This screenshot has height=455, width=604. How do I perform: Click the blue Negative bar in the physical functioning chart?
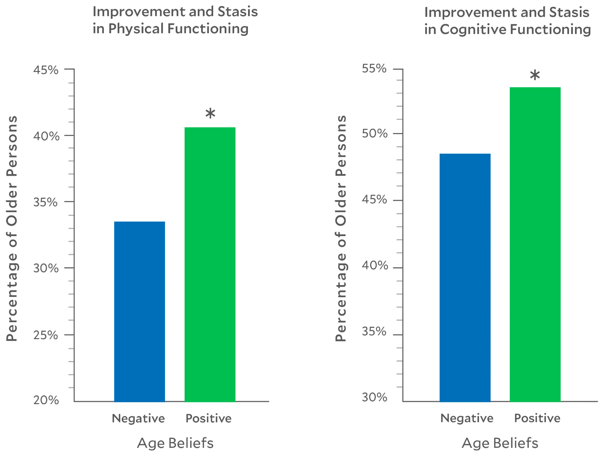(140, 311)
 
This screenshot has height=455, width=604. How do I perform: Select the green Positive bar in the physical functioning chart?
(210, 265)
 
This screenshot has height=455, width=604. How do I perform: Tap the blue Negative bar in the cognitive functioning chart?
(465, 278)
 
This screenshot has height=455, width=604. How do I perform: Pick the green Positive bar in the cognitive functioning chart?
(535, 244)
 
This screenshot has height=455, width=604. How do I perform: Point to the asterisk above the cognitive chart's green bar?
(535, 75)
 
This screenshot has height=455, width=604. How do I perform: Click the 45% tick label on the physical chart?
(46, 70)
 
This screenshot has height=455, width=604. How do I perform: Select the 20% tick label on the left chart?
(46, 400)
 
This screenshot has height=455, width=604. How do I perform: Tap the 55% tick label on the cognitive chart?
(374, 68)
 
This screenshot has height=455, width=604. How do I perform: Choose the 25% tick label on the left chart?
(46, 335)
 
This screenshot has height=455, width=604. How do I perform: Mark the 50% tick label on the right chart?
(374, 133)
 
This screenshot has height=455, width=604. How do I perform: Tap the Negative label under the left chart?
(138, 418)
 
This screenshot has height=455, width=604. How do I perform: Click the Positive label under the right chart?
(537, 418)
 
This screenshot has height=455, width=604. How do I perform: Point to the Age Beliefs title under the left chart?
(175, 443)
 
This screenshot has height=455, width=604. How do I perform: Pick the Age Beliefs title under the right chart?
(500, 443)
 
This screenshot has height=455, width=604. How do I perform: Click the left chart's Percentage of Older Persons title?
(12, 229)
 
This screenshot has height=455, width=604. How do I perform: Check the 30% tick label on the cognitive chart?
(374, 397)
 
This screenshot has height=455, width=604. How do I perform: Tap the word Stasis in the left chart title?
(238, 11)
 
